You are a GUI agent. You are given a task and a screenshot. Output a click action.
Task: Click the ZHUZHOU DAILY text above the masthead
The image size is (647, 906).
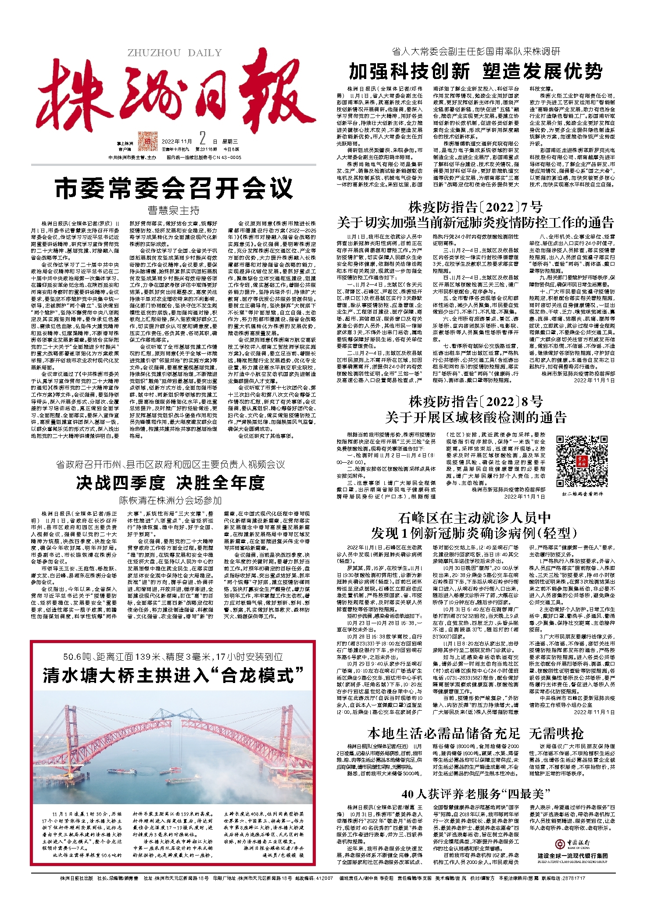pyautogui.click(x=175, y=53)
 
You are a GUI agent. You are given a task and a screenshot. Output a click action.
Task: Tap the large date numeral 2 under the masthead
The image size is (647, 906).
pyautogui.click(x=202, y=140)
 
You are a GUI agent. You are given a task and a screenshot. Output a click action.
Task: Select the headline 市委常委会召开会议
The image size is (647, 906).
pyautogui.click(x=174, y=188)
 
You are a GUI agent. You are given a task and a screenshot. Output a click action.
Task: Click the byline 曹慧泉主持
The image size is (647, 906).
pyautogui.click(x=174, y=210)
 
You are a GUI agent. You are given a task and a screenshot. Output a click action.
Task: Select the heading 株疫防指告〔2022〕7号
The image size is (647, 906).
pyautogui.click(x=475, y=207)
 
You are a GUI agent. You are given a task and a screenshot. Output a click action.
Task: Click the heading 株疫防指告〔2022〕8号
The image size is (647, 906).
pyautogui.click(x=475, y=401)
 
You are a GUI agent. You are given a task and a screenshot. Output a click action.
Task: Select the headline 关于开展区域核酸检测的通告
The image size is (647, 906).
pyautogui.click(x=475, y=417)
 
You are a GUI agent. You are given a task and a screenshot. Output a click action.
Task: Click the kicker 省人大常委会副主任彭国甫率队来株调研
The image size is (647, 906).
pyautogui.click(x=475, y=52)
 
